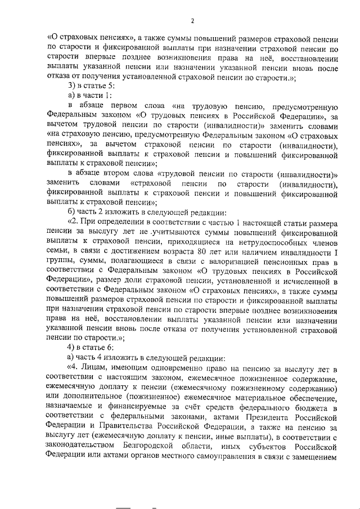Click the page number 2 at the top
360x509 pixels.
[192, 21]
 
